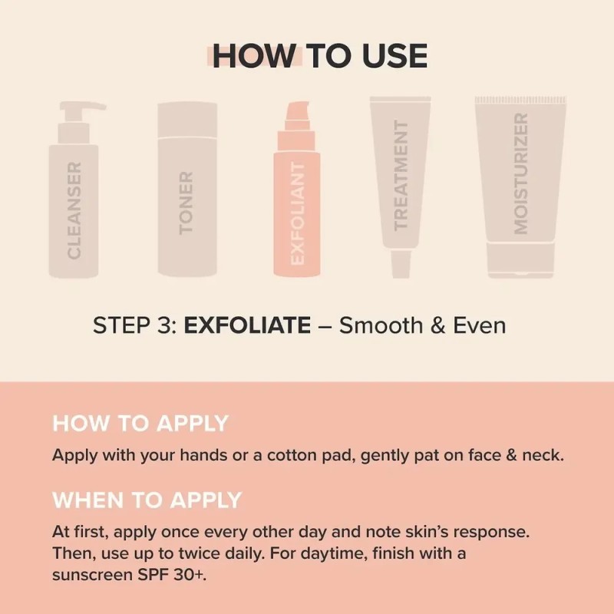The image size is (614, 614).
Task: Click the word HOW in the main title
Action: [x=254, y=56]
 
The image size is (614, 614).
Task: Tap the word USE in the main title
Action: [x=394, y=56]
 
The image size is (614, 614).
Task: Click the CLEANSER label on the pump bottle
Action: [x=74, y=210]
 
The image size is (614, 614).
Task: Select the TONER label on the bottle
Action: [x=186, y=203]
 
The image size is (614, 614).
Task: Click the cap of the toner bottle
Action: [x=187, y=120]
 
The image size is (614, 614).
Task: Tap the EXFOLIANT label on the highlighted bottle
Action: [x=297, y=213]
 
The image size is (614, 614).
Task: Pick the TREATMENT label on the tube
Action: [x=401, y=175]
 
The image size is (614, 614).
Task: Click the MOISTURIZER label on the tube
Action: [x=521, y=173]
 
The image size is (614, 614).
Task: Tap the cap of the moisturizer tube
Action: [x=521, y=260]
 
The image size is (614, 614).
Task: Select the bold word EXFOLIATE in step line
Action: [x=247, y=325]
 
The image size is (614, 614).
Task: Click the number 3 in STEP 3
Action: [x=164, y=325]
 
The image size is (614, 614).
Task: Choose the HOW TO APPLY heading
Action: [x=140, y=424]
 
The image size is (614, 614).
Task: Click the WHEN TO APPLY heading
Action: [x=147, y=500]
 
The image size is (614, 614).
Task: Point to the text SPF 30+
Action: [x=171, y=575]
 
